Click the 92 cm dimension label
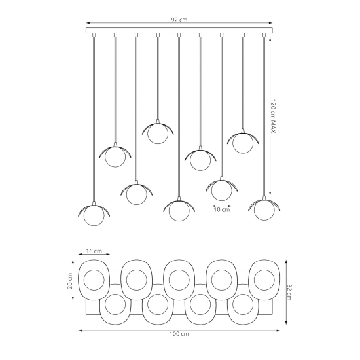click(x=179, y=20)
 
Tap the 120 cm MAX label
click(x=273, y=116)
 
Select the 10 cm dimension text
click(x=221, y=209)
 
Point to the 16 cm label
click(x=94, y=251)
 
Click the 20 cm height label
click(x=70, y=281)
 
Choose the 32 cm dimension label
click(x=289, y=293)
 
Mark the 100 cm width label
click(x=179, y=334)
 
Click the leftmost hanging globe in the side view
click(x=94, y=215)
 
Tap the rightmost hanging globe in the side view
click(x=264, y=210)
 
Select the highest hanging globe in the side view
click(x=158, y=134)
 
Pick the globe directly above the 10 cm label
click(x=221, y=190)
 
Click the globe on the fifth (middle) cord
click(x=179, y=211)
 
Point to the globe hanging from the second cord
click(x=115, y=156)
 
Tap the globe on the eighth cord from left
click(x=243, y=143)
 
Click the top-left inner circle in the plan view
click(x=94, y=280)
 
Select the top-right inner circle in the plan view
click(x=264, y=280)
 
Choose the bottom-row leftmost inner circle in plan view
click(x=115, y=304)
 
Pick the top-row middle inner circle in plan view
click(x=179, y=280)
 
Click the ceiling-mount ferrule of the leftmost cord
click(x=94, y=35)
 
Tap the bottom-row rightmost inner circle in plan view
click(x=243, y=304)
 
